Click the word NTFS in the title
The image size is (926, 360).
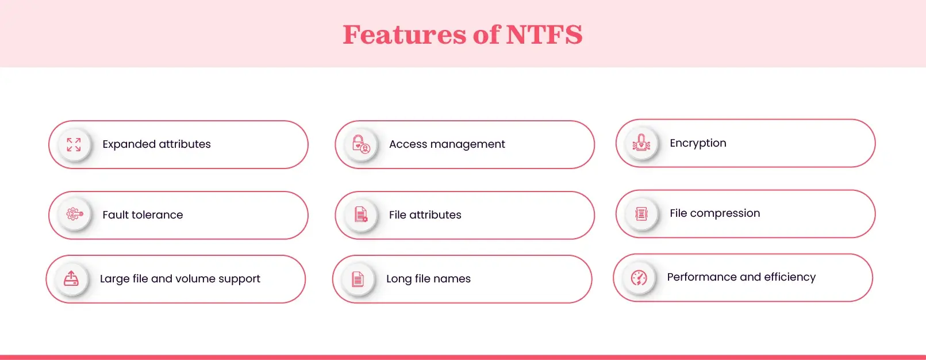[544, 35]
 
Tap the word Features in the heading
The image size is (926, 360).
[405, 35]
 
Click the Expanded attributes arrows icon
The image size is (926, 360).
[74, 144]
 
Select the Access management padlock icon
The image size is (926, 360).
[360, 144]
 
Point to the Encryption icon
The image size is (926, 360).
[641, 143]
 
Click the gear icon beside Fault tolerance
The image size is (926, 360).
[74, 215]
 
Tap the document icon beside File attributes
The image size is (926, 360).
[360, 215]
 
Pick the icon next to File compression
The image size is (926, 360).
[641, 214]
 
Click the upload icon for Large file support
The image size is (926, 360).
[71, 278]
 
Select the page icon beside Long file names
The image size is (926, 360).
[358, 279]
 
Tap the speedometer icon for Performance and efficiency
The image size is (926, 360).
[639, 278]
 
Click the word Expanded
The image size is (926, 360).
[129, 144]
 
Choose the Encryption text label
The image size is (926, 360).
[698, 143]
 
